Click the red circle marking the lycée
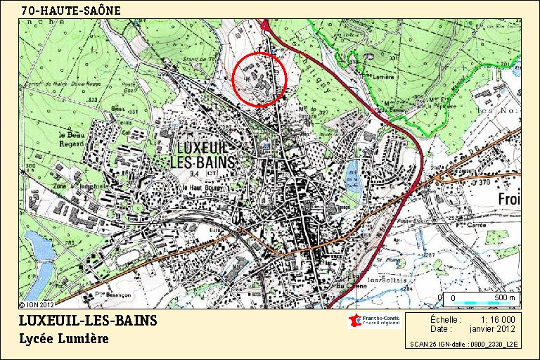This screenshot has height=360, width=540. (259, 79)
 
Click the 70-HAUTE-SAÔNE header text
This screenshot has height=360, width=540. (71, 10)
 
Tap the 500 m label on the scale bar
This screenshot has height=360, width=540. (504, 298)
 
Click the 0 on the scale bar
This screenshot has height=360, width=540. (454, 298)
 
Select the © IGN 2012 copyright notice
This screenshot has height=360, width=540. (37, 305)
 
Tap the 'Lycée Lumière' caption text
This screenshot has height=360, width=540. (64, 339)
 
